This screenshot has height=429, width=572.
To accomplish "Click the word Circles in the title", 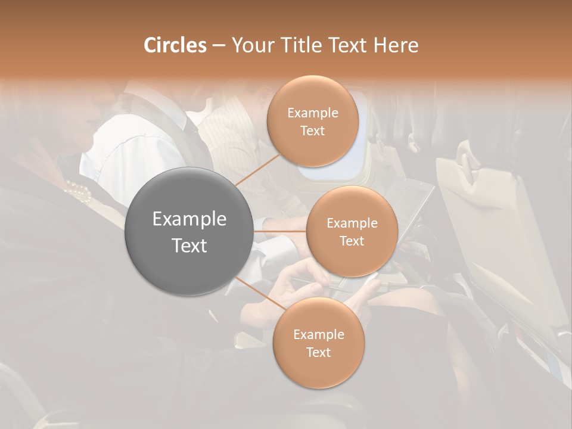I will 175,45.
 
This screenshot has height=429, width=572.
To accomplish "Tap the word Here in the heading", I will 396,45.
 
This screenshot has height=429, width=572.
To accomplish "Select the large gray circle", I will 189,231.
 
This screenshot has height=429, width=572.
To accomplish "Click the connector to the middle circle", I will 280,231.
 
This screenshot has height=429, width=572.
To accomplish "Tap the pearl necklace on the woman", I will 78,191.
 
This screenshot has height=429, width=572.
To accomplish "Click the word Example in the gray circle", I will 189,219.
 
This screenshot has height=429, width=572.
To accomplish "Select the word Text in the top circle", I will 312,131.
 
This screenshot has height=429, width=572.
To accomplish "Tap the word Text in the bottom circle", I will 318,353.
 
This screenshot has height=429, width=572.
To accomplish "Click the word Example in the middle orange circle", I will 352,223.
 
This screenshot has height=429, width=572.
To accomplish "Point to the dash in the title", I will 219,45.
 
